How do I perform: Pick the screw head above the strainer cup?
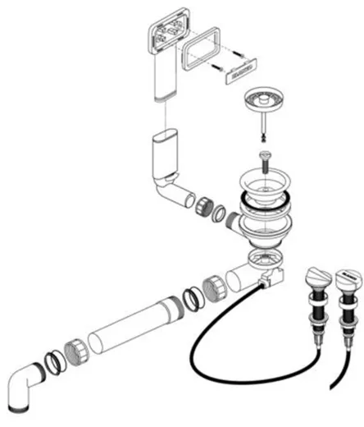point(265,156)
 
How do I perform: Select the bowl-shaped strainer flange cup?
point(267,182)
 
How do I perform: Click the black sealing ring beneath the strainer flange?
point(267,206)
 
